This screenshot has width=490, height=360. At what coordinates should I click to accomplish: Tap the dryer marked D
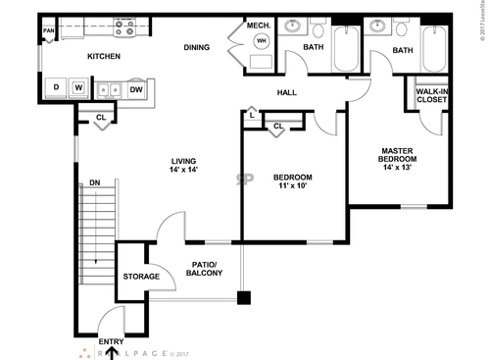click(57, 88)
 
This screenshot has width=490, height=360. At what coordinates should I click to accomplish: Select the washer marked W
click(77, 88)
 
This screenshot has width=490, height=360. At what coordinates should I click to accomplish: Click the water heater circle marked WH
click(261, 41)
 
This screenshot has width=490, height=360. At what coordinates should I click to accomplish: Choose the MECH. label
click(259, 25)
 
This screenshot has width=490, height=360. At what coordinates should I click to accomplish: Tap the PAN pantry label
click(47, 31)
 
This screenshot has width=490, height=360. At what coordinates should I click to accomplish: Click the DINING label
click(196, 46)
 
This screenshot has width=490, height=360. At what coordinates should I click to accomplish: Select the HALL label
click(286, 92)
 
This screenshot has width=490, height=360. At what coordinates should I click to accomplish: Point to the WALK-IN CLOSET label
click(432, 95)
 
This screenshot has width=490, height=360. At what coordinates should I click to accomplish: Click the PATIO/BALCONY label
click(205, 268)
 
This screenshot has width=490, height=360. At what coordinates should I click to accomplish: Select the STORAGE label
click(141, 278)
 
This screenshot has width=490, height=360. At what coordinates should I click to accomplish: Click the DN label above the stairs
click(94, 182)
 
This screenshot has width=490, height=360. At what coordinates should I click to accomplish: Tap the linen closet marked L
click(252, 116)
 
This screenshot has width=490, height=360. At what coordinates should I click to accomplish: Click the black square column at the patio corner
click(244, 297)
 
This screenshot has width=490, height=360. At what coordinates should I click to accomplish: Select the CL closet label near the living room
click(101, 118)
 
